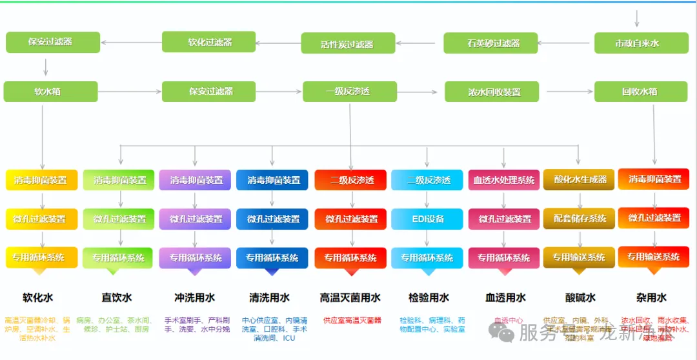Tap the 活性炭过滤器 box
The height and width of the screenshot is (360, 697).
348,44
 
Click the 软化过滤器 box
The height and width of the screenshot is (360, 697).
208,42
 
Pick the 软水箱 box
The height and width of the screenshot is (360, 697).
50,92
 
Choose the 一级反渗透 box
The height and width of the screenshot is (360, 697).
350,92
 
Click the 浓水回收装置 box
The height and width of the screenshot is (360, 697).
491,92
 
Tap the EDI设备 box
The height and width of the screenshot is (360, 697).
427,219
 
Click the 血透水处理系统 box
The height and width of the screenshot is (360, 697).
503,180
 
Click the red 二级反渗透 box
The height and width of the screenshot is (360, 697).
350,180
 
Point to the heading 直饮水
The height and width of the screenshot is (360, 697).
116,297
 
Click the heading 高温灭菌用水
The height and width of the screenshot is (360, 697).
350,297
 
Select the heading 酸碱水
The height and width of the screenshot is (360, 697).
580,297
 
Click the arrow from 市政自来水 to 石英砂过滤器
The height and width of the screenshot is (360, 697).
566,44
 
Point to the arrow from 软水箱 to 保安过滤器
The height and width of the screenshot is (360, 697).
129,92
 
